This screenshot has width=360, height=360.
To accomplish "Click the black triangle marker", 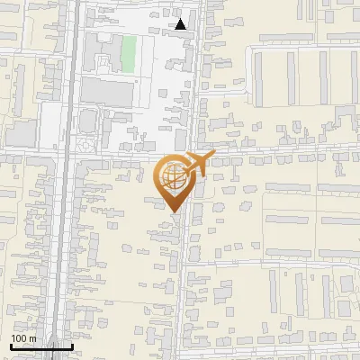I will coord(181,24).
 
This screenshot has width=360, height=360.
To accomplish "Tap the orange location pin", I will coord(173,183).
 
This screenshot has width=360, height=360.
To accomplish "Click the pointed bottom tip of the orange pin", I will coord(173,211).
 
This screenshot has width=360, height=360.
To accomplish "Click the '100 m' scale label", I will coord(23,338).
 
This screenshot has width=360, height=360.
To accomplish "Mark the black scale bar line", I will coord(41,346).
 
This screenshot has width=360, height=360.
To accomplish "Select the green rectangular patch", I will coord(129,53).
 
